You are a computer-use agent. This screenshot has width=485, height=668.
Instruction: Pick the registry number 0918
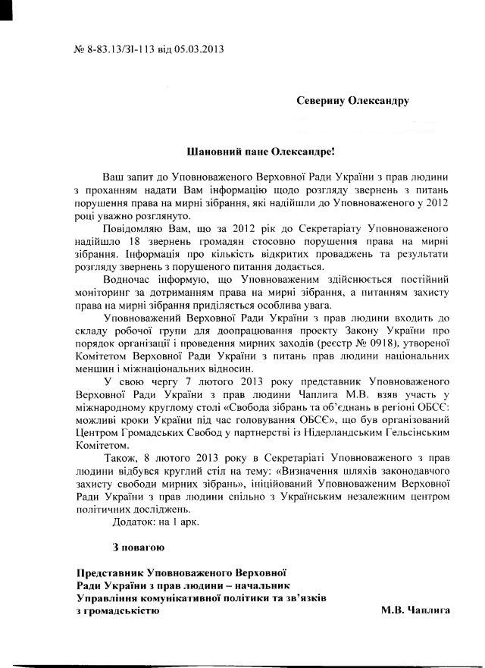pos(392,343)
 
